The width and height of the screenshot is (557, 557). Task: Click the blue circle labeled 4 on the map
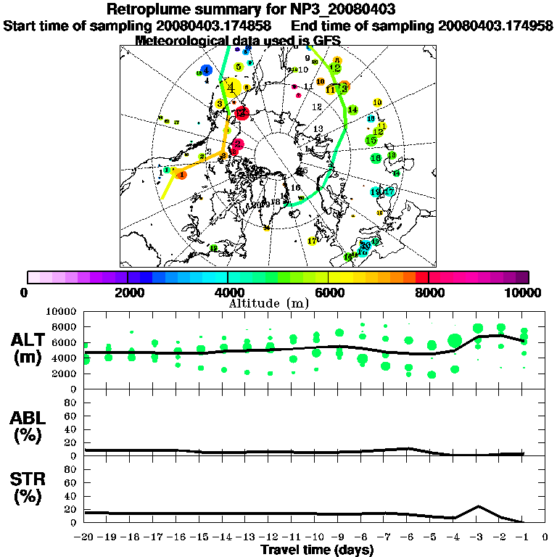pos(207,70)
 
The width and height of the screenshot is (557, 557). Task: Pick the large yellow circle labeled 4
pos(231,88)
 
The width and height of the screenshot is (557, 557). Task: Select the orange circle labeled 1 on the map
pos(181,175)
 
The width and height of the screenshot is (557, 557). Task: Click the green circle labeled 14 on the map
pos(352,110)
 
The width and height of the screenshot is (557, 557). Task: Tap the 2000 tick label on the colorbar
pos(128,293)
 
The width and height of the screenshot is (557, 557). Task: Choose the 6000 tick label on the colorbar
pos(328,293)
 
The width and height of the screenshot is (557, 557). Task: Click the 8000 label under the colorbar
pos(429,293)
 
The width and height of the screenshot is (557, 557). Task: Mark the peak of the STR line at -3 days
pos(478,506)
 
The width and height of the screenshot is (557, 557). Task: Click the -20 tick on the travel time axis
pos(86,537)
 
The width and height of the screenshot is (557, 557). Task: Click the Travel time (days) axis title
pos(317,550)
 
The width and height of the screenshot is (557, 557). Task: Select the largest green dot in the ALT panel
pos(455,340)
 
